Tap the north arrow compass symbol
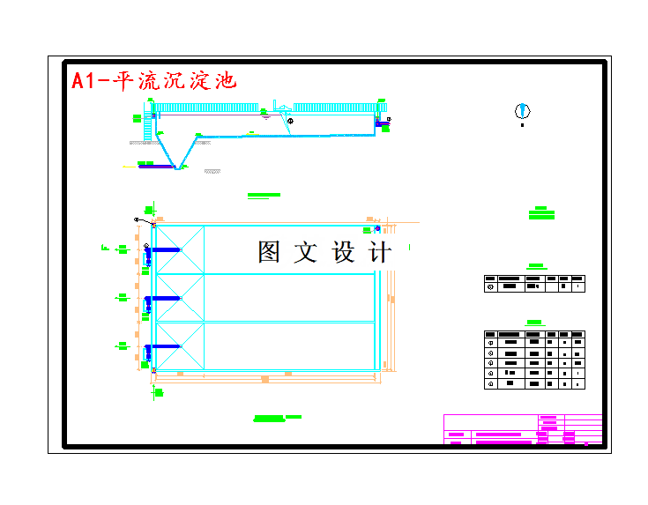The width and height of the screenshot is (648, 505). click(522, 111)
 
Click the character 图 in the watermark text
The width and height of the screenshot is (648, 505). click(270, 252)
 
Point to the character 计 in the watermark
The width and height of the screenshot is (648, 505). click(380, 252)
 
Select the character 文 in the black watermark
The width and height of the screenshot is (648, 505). click(305, 252)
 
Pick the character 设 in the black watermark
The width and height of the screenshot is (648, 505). click(343, 252)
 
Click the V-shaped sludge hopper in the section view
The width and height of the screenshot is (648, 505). click(180, 153)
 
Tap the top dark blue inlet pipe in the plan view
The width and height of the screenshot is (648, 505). click(163, 250)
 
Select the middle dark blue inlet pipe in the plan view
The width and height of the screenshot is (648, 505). click(163, 299)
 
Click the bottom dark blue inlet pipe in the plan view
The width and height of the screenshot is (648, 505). click(163, 347)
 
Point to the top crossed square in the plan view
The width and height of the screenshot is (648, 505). click(180, 250)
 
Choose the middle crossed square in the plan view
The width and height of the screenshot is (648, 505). click(180, 298)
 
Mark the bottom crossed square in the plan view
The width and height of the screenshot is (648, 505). click(180, 345)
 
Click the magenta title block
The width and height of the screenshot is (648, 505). click(523, 429)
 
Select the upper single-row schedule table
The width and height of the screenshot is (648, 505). click(534, 284)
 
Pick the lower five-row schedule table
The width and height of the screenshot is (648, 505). click(534, 360)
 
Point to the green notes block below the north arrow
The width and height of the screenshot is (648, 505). click(541, 212)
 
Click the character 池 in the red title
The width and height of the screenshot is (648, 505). click(226, 81)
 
